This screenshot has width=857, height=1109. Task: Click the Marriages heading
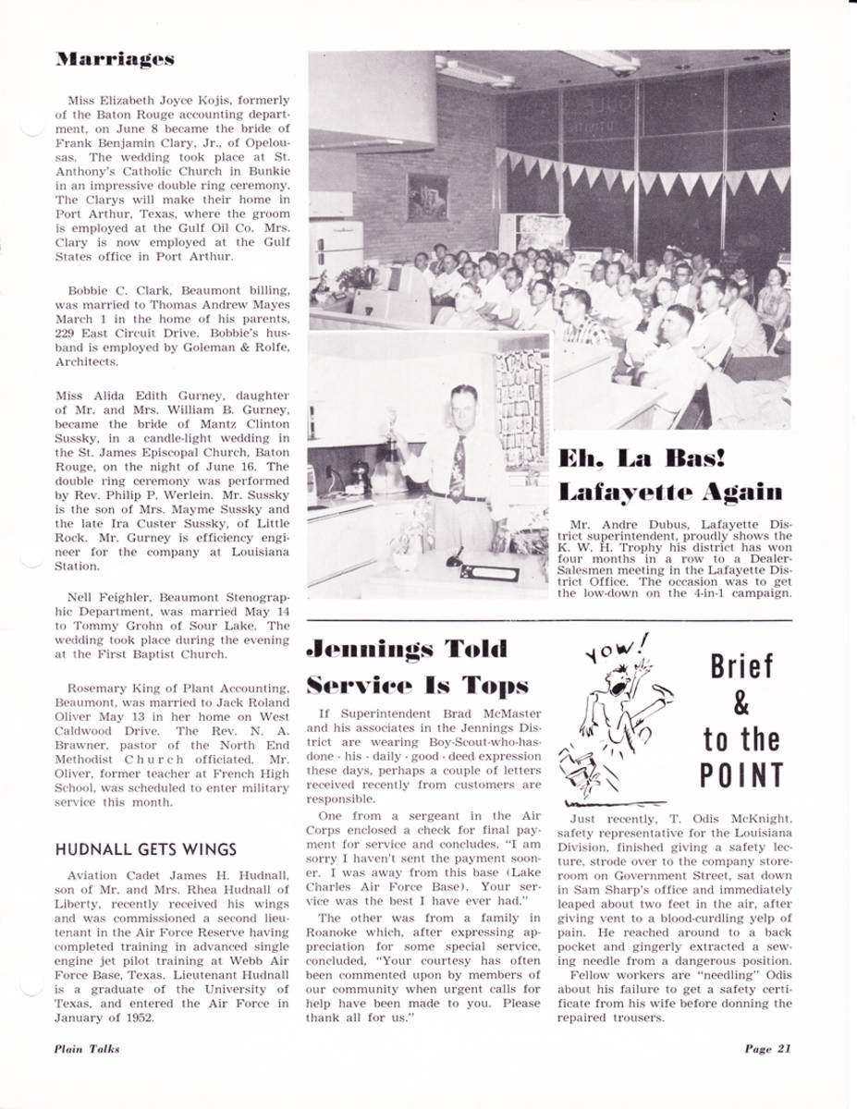point(114,60)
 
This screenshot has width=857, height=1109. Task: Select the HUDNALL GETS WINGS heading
point(145,849)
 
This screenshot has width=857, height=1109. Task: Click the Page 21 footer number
point(766,1048)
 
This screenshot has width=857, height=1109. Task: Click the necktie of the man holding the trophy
point(458,470)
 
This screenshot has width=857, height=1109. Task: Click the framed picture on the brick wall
point(426,197)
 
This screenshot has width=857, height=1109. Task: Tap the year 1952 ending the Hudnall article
point(139,1018)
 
